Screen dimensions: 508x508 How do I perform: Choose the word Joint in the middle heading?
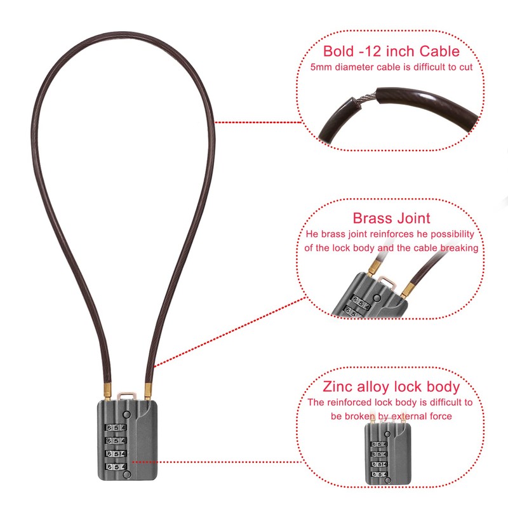[413, 218]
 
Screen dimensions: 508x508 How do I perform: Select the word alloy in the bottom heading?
[377, 386]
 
